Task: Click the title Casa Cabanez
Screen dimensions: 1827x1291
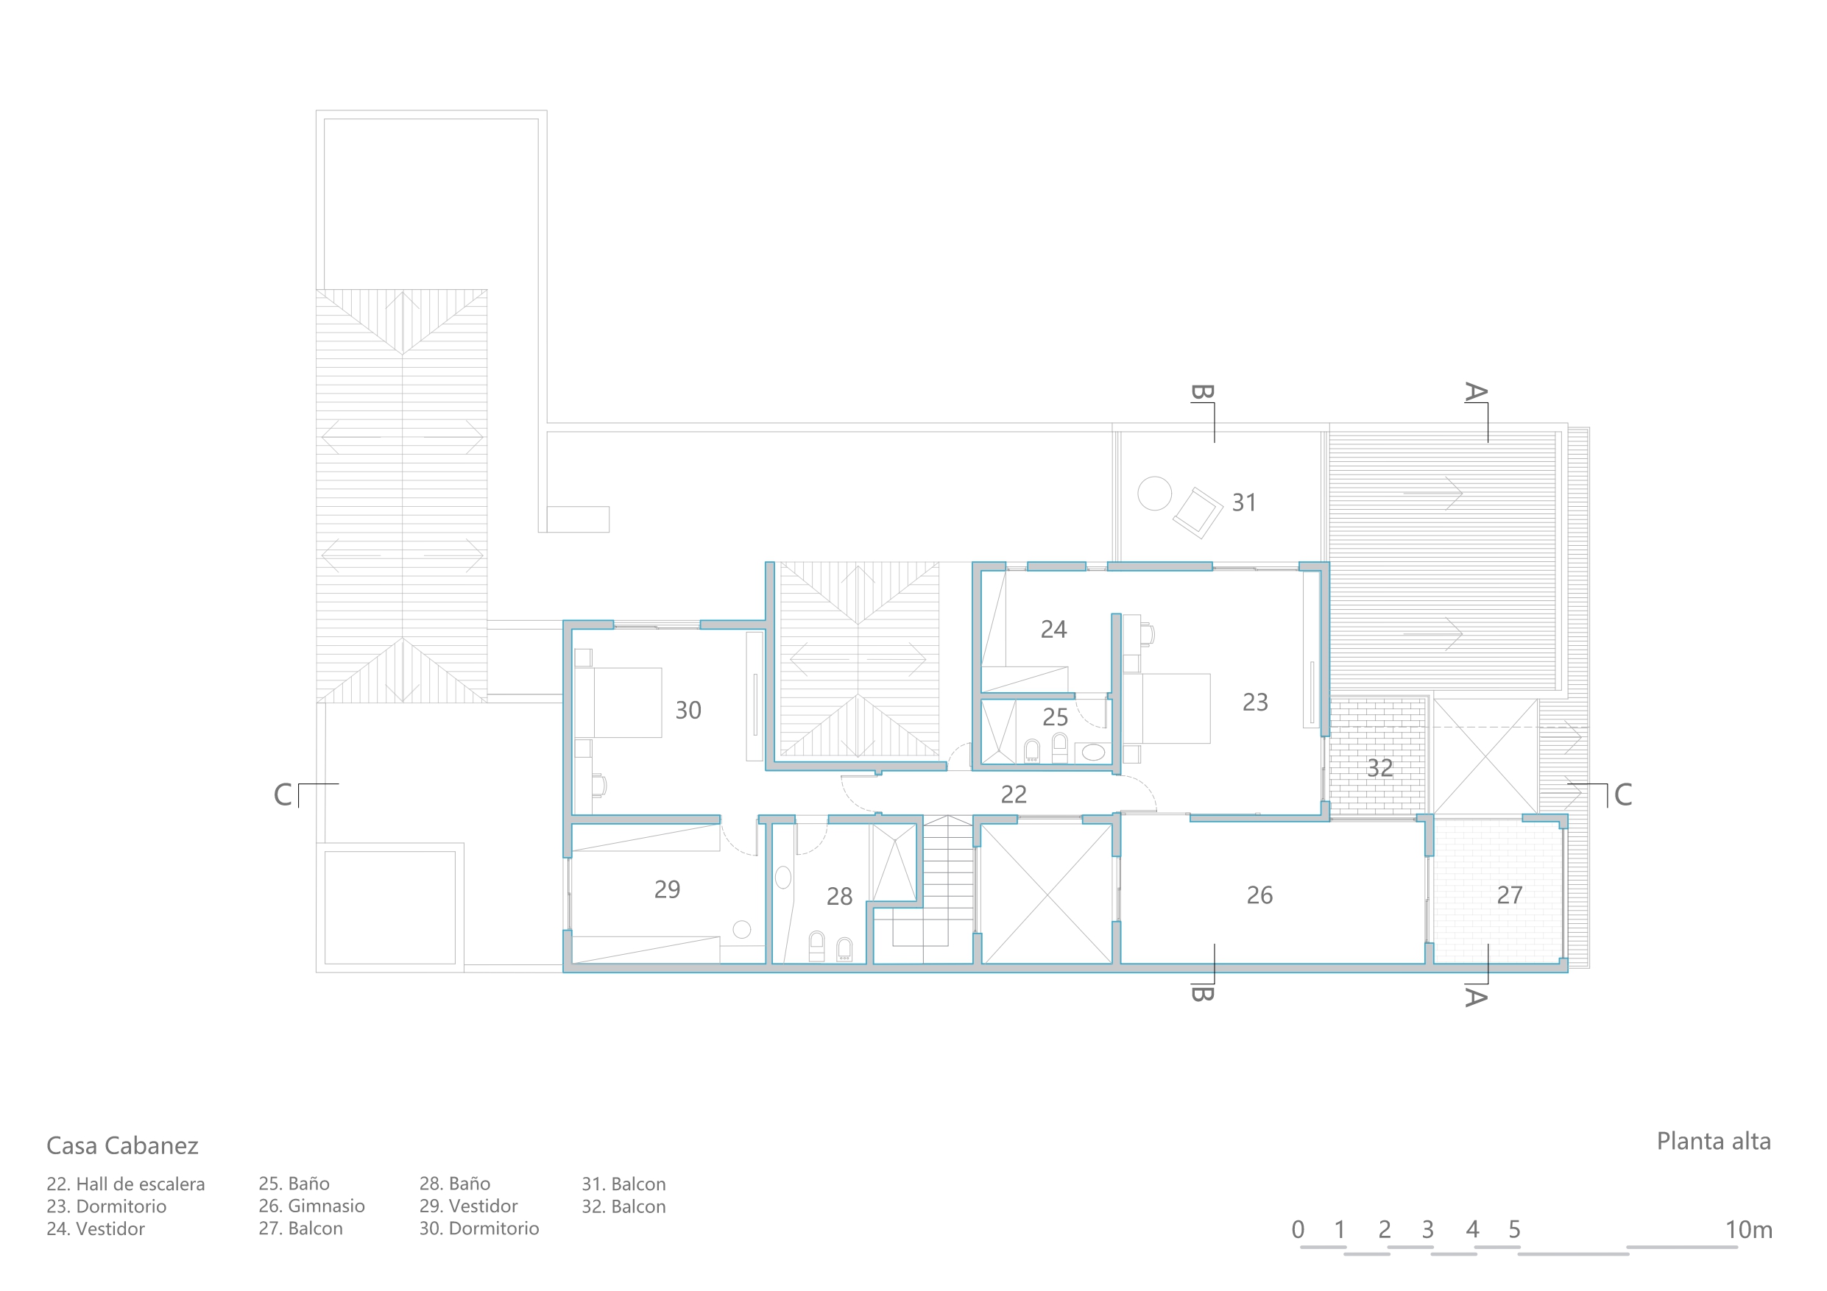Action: (122, 1145)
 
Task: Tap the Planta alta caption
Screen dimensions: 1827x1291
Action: (1713, 1142)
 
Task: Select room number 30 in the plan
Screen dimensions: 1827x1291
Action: (688, 711)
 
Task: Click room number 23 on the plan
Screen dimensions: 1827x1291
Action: (1255, 703)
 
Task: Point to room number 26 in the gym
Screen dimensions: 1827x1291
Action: (1259, 896)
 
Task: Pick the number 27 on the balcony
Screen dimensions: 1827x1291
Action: (1510, 896)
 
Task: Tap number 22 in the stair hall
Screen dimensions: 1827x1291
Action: (1014, 794)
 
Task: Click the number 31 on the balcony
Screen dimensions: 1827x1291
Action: (1244, 502)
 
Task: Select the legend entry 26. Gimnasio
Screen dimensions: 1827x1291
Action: (312, 1206)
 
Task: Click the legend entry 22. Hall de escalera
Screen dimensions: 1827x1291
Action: (126, 1184)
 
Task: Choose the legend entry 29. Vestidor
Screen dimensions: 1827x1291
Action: (469, 1206)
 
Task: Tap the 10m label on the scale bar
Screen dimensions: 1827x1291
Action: (1748, 1230)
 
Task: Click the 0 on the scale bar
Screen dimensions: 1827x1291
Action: (1298, 1230)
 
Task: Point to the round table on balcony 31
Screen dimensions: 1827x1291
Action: (1155, 493)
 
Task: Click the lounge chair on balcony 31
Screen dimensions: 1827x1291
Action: (1198, 513)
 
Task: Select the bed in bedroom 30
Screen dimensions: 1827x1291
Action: (618, 703)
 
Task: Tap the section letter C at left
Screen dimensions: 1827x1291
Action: (283, 794)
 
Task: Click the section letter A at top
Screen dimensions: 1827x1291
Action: (1476, 392)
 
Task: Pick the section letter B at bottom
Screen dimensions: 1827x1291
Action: (1201, 994)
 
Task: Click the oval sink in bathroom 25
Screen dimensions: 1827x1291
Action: (1093, 752)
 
